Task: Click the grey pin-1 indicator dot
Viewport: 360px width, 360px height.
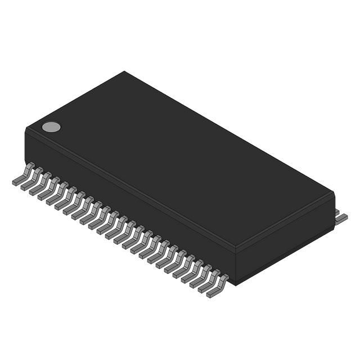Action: (x=51, y=127)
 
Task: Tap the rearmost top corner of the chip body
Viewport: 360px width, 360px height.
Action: (x=124, y=72)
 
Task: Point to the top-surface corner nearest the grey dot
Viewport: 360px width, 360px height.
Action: (x=27, y=129)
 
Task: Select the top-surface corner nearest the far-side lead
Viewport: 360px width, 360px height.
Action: (x=334, y=194)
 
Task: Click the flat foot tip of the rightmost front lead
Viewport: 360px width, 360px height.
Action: (x=211, y=294)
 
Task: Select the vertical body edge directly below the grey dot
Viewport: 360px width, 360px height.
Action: (x=26, y=147)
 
